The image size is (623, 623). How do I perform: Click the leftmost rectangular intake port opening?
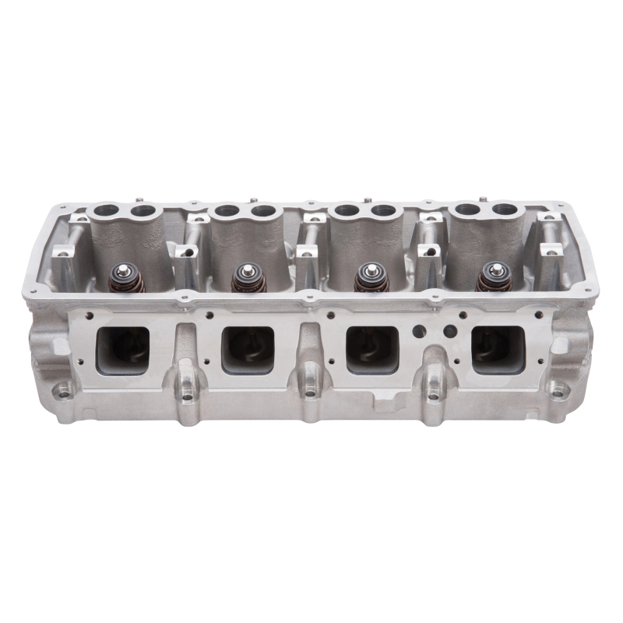pyautogui.click(x=122, y=349)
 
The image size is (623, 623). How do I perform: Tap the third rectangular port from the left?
pyautogui.click(x=372, y=348)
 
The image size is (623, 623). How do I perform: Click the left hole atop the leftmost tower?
pyautogui.click(x=107, y=210)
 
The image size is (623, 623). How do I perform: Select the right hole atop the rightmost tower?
pyautogui.click(x=505, y=210)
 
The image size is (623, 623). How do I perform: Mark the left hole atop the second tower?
pyautogui.click(x=227, y=210)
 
